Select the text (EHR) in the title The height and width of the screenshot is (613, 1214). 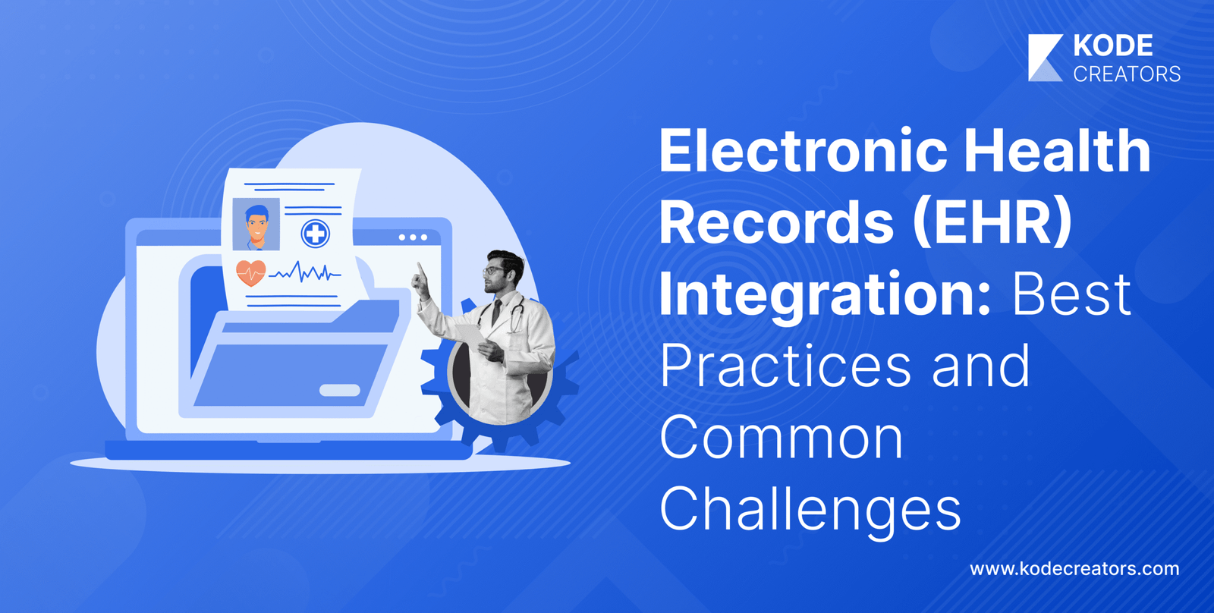[x=992, y=222]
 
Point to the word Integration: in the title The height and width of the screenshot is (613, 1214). [x=825, y=295]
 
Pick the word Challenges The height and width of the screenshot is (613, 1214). [x=810, y=510]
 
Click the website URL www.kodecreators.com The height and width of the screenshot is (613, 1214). [x=1074, y=568]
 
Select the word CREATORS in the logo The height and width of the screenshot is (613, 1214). [x=1127, y=74]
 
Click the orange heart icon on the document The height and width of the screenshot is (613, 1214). [x=251, y=272]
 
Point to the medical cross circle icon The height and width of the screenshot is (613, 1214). [x=316, y=234]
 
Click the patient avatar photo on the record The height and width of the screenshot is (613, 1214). [x=256, y=224]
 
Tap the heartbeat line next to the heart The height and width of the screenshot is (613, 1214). [x=305, y=272]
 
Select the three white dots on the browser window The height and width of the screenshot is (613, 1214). [x=413, y=237]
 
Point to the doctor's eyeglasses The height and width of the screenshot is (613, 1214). [x=494, y=270]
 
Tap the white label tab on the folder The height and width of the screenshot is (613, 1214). [x=340, y=390]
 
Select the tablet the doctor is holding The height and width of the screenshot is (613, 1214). [x=470, y=335]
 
